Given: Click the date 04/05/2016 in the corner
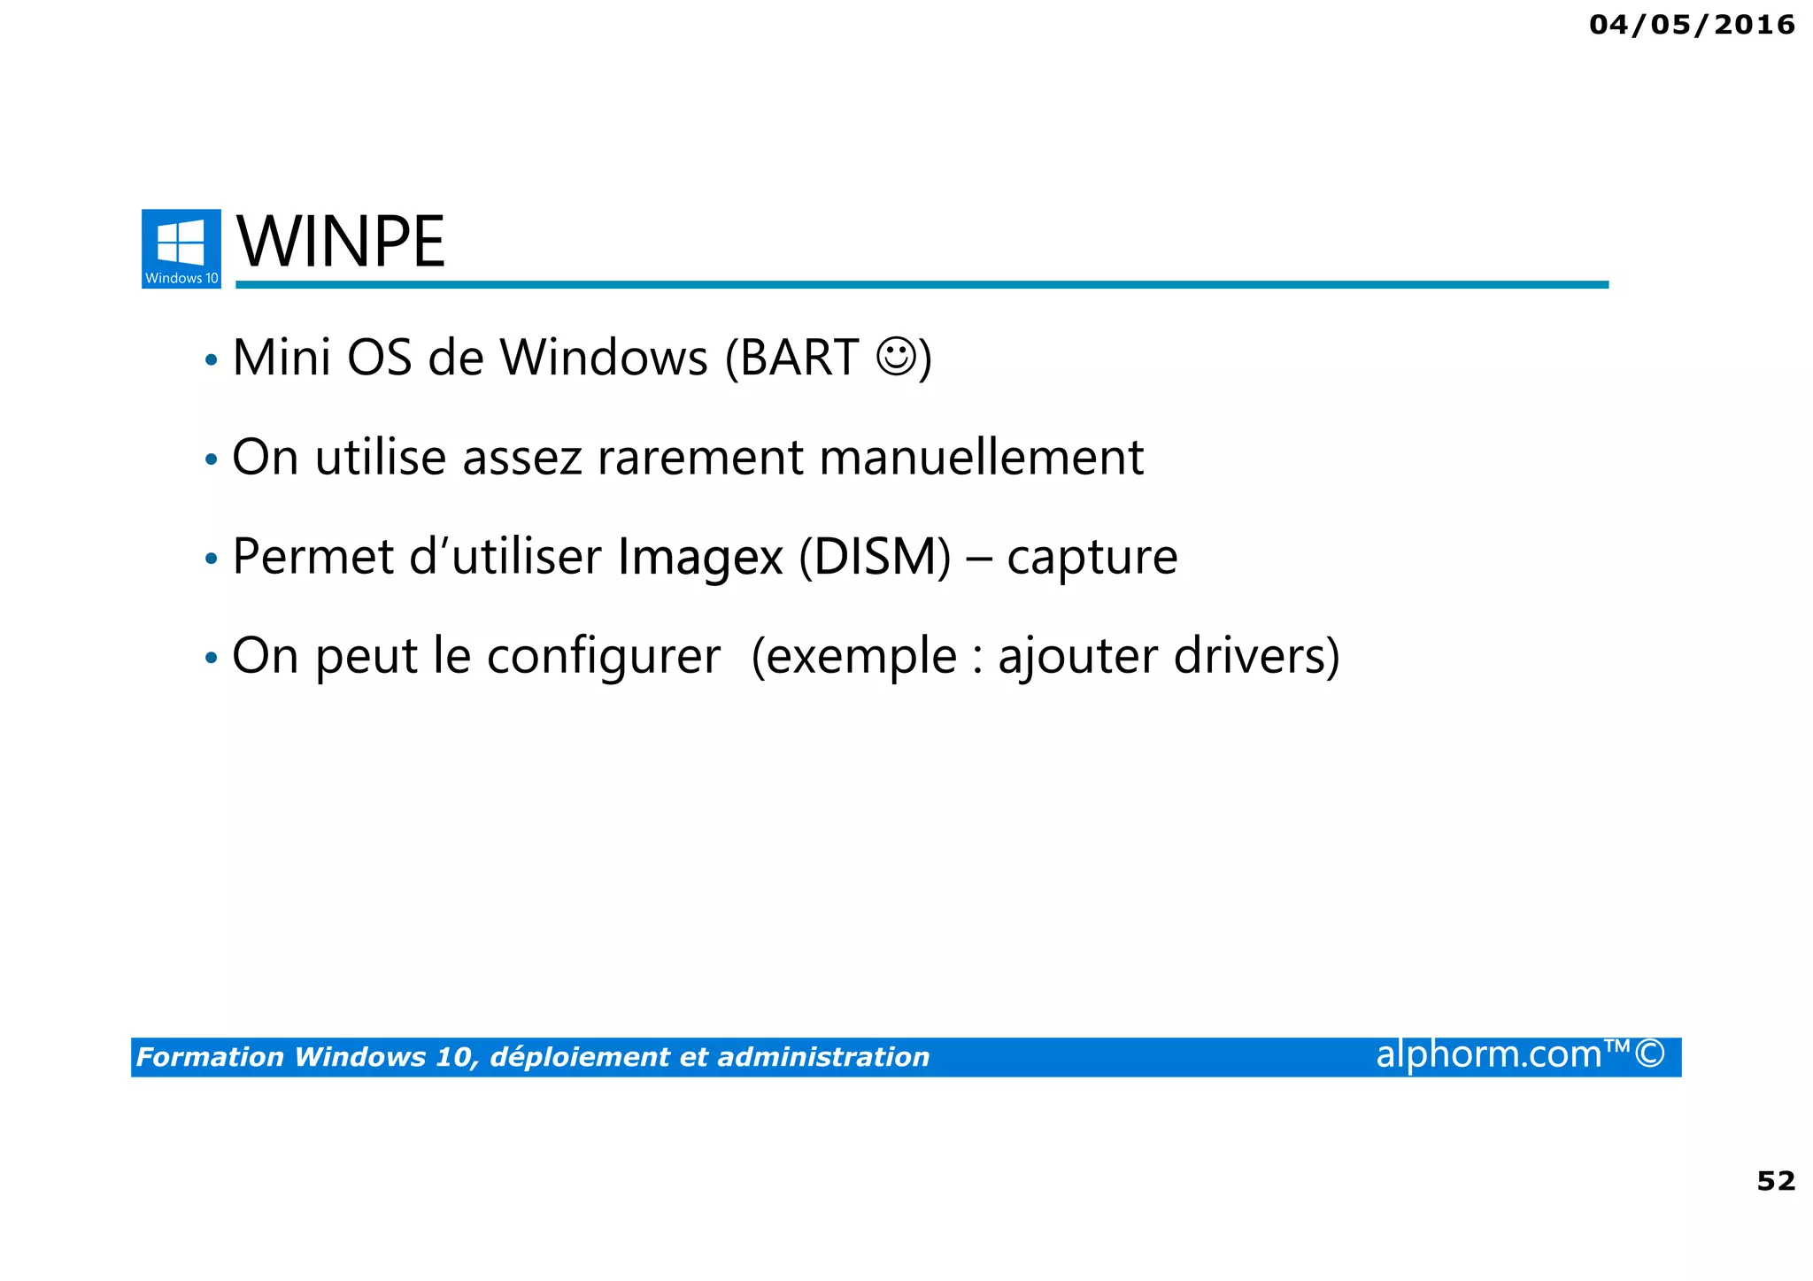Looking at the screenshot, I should coord(1691,25).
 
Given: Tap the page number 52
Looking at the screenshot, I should coord(1775,1180).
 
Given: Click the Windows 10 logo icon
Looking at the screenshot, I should coord(181,248).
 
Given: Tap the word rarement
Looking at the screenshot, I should coord(699,458).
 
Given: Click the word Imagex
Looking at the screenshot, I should coord(700,558).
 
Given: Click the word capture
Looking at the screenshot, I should coord(1092,558).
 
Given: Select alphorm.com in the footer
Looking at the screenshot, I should coord(1488,1054).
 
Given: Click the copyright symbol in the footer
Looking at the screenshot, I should coord(1649,1054).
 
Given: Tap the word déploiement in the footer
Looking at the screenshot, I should coord(579,1057).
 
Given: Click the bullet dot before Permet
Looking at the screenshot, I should coord(211,559).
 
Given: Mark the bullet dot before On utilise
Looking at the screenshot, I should coord(211,460).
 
